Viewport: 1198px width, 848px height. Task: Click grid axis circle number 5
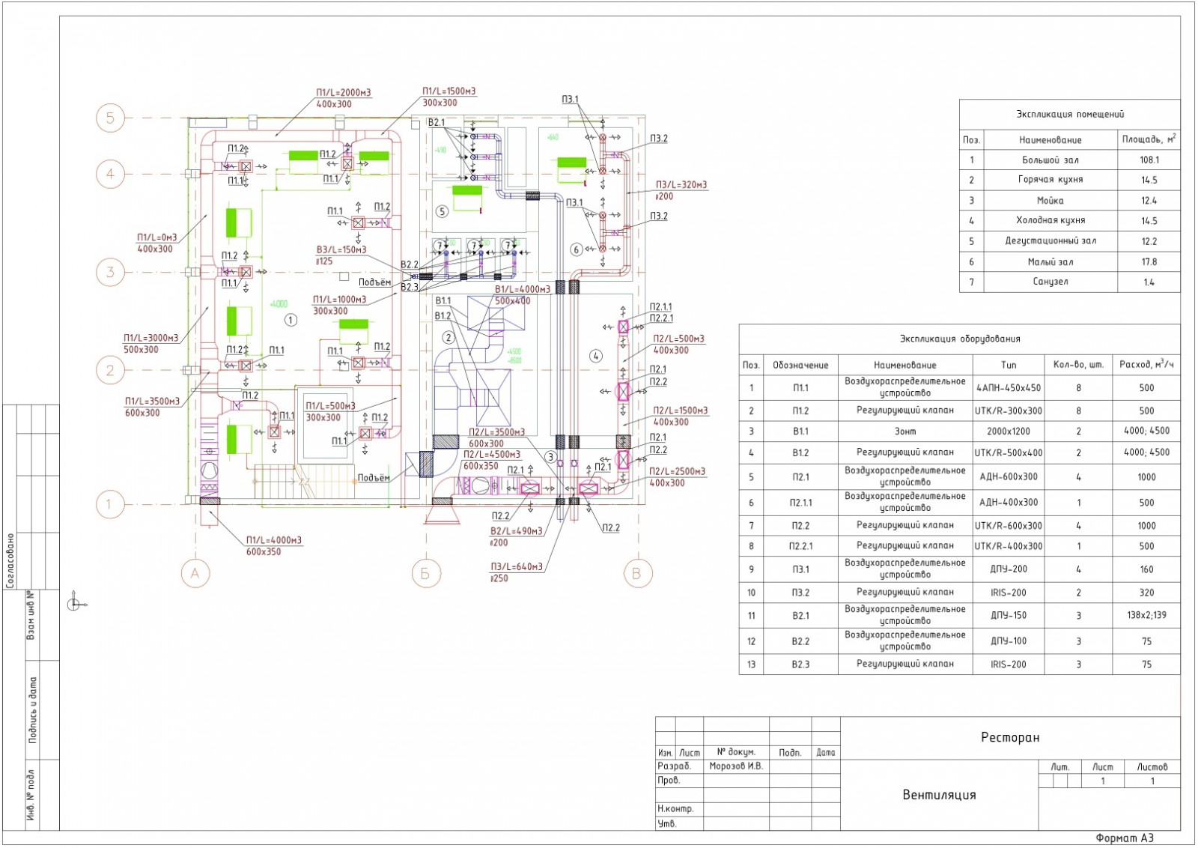point(110,118)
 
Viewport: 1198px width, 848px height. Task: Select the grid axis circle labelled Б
point(425,574)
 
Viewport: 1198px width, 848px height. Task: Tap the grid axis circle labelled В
point(636,574)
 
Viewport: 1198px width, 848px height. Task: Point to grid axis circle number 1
point(109,504)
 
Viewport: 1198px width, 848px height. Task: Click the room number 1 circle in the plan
point(291,320)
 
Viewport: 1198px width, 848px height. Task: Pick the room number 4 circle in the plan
point(596,356)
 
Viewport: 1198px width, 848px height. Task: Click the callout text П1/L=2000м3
point(343,93)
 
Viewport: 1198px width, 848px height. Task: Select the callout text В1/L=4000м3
point(522,289)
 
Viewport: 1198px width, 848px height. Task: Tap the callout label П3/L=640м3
point(517,567)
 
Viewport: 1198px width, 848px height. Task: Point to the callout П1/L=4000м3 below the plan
point(274,540)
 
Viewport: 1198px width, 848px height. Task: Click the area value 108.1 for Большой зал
point(1149,160)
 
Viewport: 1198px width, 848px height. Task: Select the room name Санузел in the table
point(1050,282)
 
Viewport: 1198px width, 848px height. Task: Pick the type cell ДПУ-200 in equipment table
point(1009,569)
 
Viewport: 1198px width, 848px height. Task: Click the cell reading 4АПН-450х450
point(1009,388)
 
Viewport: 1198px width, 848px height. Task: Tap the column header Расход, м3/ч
point(1146,364)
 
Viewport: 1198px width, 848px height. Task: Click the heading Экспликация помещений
point(1069,115)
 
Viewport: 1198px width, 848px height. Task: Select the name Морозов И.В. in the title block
point(736,766)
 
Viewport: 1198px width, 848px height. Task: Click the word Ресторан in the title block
point(1010,738)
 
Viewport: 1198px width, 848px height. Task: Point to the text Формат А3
point(1125,838)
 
